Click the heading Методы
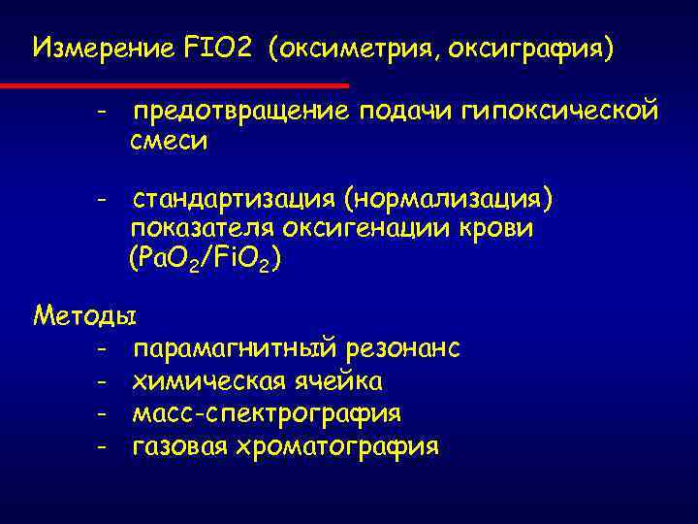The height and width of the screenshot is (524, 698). [84, 316]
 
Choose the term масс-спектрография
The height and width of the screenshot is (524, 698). [267, 413]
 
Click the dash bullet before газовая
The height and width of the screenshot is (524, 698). [100, 446]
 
